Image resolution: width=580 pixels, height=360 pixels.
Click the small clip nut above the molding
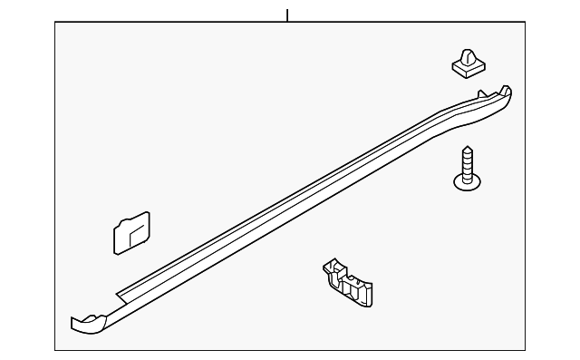[x=466, y=63]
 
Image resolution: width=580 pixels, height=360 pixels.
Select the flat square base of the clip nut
[x=466, y=69]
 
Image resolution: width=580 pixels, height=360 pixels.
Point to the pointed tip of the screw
[x=468, y=148]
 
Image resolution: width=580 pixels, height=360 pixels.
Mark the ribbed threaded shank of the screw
[x=468, y=163]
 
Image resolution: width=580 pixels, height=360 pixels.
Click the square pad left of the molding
[x=131, y=233]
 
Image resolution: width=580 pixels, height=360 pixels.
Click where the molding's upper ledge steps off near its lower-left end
[x=121, y=294]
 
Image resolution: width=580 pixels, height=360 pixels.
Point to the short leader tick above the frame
[x=287, y=15]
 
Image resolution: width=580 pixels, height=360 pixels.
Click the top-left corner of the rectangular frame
[x=55, y=23]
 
